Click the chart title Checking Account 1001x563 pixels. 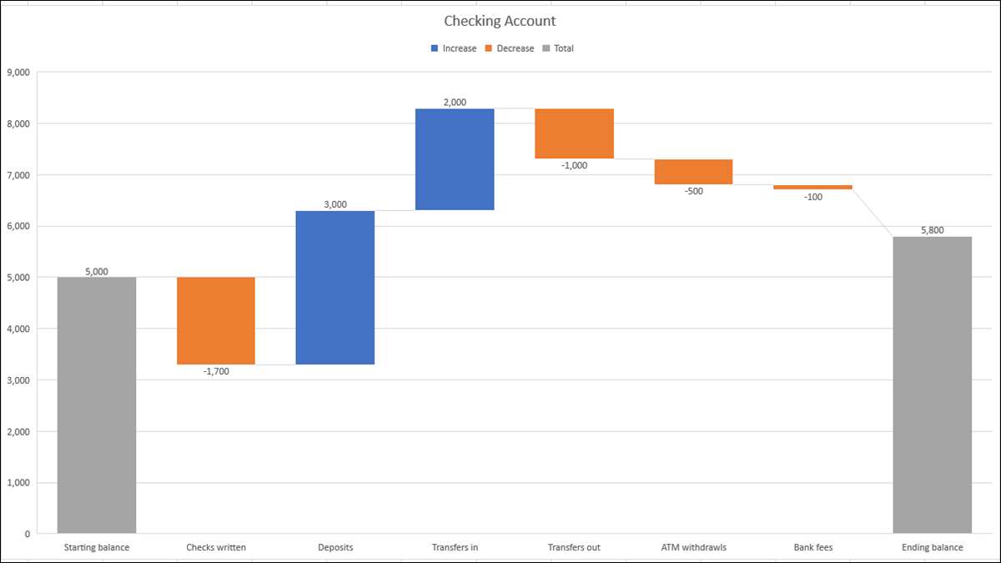pyautogui.click(x=500, y=21)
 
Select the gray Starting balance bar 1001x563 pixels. pyautogui.click(x=97, y=405)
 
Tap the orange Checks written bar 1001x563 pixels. pyautogui.click(x=216, y=321)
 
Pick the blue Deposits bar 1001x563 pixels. pyautogui.click(x=335, y=288)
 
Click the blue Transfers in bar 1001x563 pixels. pyautogui.click(x=455, y=159)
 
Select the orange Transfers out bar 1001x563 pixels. pyautogui.click(x=574, y=133)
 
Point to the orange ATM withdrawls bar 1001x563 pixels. pyautogui.click(x=693, y=172)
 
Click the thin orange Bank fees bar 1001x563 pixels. pyautogui.click(x=812, y=188)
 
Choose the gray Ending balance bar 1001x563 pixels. pyautogui.click(x=932, y=385)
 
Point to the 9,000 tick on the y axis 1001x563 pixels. pyautogui.click(x=18, y=73)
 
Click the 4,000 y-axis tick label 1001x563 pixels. pyautogui.click(x=18, y=329)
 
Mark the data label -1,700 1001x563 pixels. pyautogui.click(x=216, y=372)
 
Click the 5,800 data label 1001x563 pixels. pyautogui.click(x=932, y=230)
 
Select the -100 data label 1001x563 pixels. pyautogui.click(x=812, y=198)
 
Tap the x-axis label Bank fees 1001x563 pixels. pyautogui.click(x=812, y=548)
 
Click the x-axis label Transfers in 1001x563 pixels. pyautogui.click(x=455, y=548)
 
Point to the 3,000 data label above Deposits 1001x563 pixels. pyautogui.click(x=335, y=204)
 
